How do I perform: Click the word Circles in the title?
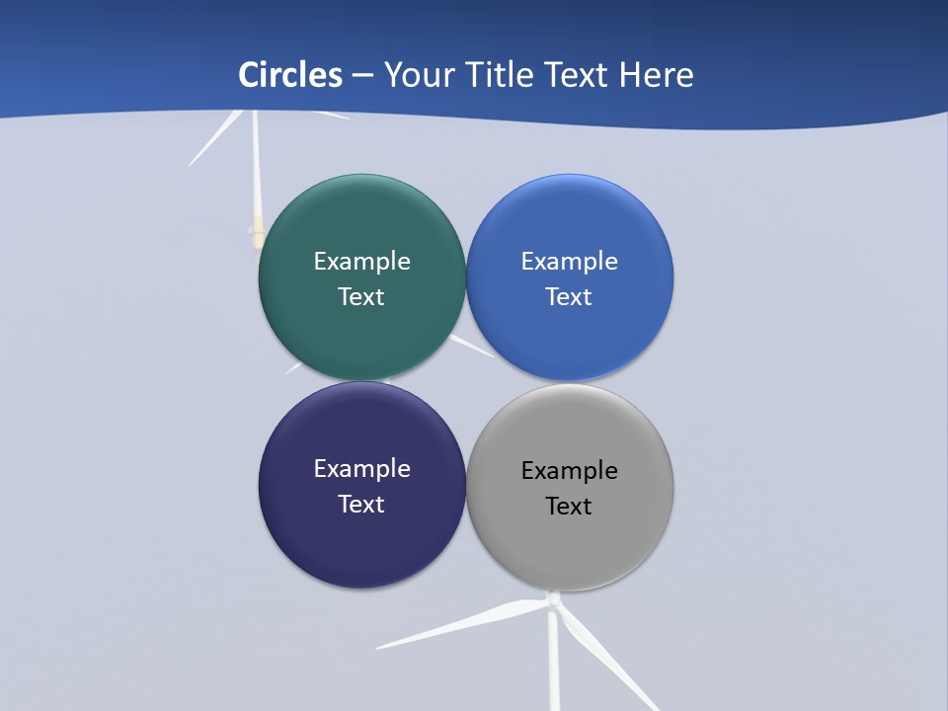point(290,75)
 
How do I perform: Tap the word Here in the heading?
point(657,75)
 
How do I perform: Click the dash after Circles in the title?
point(362,76)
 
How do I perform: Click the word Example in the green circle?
point(361,261)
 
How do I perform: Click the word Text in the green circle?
point(361,296)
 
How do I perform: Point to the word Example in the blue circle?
point(570,261)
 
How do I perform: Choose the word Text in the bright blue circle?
point(570,296)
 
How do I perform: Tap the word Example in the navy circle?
point(361,468)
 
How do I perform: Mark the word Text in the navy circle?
point(361,504)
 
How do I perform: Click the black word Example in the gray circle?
point(570,470)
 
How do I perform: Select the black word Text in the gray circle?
point(570,506)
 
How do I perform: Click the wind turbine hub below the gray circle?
point(554,599)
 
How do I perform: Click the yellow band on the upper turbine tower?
point(258,233)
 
